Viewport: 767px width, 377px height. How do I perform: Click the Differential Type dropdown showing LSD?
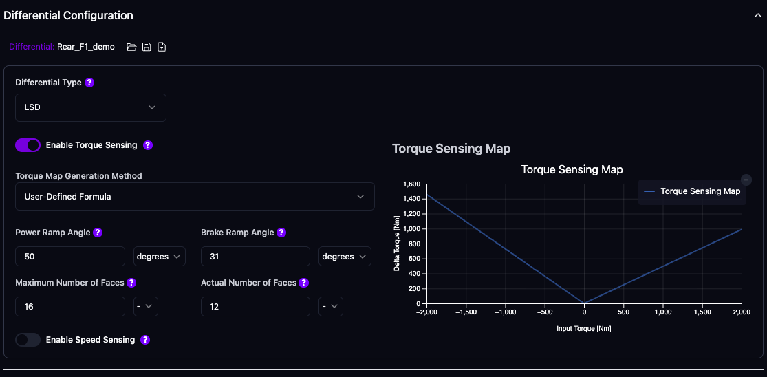click(90, 107)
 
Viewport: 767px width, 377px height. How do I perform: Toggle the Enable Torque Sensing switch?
click(28, 145)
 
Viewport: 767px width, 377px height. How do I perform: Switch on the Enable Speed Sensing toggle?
click(28, 340)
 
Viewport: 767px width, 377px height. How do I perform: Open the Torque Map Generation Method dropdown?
click(195, 197)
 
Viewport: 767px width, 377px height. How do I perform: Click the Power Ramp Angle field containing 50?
click(69, 257)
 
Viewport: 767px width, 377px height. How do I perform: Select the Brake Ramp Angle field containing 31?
click(255, 257)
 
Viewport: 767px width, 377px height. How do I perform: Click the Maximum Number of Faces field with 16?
click(69, 307)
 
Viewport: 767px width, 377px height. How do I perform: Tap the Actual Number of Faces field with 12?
click(255, 307)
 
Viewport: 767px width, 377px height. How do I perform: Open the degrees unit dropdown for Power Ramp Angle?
click(159, 257)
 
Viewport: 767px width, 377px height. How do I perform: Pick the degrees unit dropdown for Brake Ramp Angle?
click(345, 257)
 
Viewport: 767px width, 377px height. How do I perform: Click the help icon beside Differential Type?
click(89, 83)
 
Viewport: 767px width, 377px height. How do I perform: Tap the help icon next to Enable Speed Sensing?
click(145, 340)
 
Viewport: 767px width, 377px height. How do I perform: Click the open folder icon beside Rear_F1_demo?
click(131, 47)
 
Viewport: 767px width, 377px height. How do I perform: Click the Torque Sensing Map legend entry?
click(693, 191)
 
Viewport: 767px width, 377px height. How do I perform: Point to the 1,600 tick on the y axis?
click(411, 184)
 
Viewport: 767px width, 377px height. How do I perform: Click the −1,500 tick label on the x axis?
click(466, 312)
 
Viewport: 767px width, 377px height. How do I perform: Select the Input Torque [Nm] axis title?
click(584, 329)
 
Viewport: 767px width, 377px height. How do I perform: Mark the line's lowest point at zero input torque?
click(584, 303)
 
